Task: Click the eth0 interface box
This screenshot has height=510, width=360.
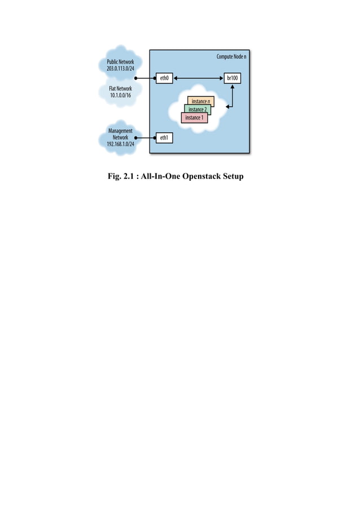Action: click(164, 79)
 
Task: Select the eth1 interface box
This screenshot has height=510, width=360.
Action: click(164, 137)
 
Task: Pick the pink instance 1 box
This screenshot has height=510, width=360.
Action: click(194, 117)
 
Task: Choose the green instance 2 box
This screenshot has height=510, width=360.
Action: click(197, 109)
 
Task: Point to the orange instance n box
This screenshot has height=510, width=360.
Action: click(201, 101)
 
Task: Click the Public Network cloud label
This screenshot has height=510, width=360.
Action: click(120, 61)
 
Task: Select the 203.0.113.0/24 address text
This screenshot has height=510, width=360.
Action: click(120, 68)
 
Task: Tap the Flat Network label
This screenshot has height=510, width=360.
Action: click(120, 89)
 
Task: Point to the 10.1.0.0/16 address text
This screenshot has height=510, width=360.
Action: click(120, 95)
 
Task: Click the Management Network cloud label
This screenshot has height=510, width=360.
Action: click(120, 134)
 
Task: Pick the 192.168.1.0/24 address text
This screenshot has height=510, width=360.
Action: click(120, 144)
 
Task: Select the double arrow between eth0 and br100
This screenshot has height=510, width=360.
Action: click(198, 79)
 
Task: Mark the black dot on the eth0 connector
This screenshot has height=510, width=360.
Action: click(137, 79)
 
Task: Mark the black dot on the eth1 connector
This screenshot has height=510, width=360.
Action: click(137, 137)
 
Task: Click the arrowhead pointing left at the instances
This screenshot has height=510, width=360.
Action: click(227, 106)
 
